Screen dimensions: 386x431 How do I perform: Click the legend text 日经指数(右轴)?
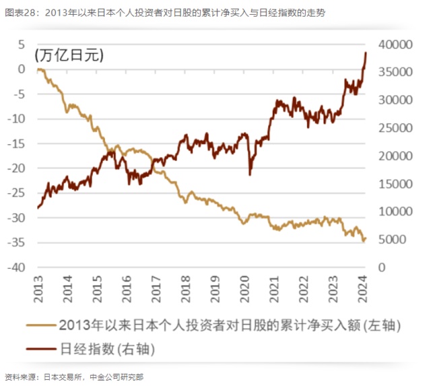(x=107, y=349)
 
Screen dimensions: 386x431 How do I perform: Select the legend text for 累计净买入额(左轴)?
(x=230, y=325)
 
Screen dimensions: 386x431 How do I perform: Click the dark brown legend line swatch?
(x=41, y=349)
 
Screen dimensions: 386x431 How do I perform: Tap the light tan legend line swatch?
(x=41, y=326)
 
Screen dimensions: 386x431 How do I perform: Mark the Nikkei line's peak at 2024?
(x=366, y=53)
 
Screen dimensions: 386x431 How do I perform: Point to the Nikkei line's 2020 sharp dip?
(x=250, y=174)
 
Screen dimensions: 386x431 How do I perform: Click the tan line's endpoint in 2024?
(x=365, y=238)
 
